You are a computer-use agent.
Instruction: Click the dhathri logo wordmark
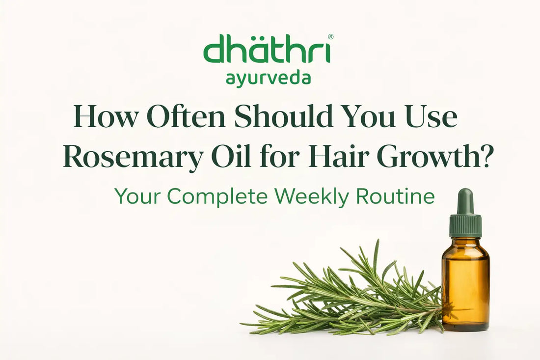click(x=267, y=51)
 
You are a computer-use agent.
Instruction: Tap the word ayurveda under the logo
click(x=268, y=79)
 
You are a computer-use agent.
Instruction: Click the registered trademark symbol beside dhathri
click(x=330, y=37)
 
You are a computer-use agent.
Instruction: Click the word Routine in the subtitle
click(x=395, y=196)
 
